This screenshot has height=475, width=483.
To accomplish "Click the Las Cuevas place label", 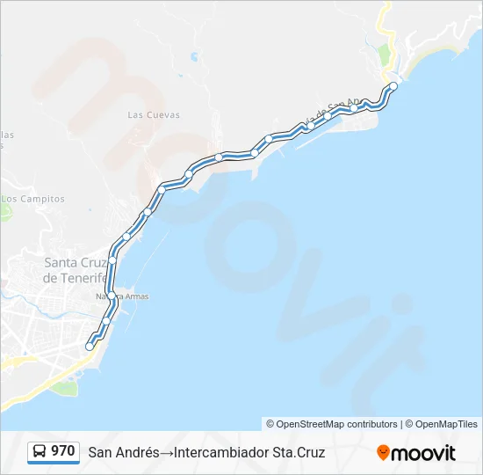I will pyautogui.click(x=154, y=114).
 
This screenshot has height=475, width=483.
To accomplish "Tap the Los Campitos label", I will pyautogui.click(x=32, y=199).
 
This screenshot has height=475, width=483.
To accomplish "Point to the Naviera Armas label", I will pyautogui.click(x=123, y=296).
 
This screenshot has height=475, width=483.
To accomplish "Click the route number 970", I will pyautogui.click(x=63, y=451).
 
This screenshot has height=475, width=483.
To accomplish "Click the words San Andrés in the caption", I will pyautogui.click(x=123, y=452).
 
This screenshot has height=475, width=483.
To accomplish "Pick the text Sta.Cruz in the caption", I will pyautogui.click(x=299, y=452).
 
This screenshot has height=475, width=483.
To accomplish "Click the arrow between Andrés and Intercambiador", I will pyautogui.click(x=166, y=452).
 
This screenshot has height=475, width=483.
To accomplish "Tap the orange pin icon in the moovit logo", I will pyautogui.click(x=383, y=452).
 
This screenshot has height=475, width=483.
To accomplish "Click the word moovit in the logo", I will pyautogui.click(x=423, y=453).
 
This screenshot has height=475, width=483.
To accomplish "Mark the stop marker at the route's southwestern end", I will pyautogui.click(x=89, y=347).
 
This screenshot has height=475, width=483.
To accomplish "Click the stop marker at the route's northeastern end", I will pyautogui.click(x=393, y=86).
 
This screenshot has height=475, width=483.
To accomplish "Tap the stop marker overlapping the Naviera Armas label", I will pyautogui.click(x=111, y=296).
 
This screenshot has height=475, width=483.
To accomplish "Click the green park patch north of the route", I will pyautogui.click(x=384, y=56).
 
